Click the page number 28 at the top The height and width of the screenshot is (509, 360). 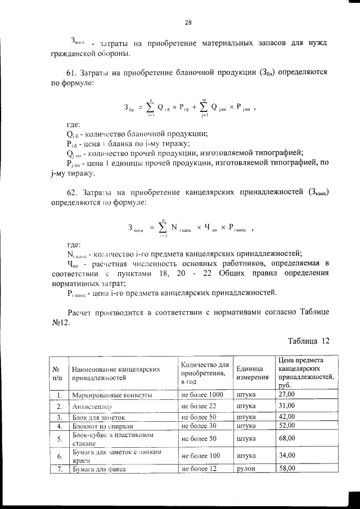[188, 22]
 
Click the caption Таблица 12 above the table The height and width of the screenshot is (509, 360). [308, 340]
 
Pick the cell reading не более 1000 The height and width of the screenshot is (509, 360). [202, 395]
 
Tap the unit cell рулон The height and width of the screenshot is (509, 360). [246, 468]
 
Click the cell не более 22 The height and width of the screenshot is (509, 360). [199, 406]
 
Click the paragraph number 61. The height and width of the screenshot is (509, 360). [71, 73]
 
